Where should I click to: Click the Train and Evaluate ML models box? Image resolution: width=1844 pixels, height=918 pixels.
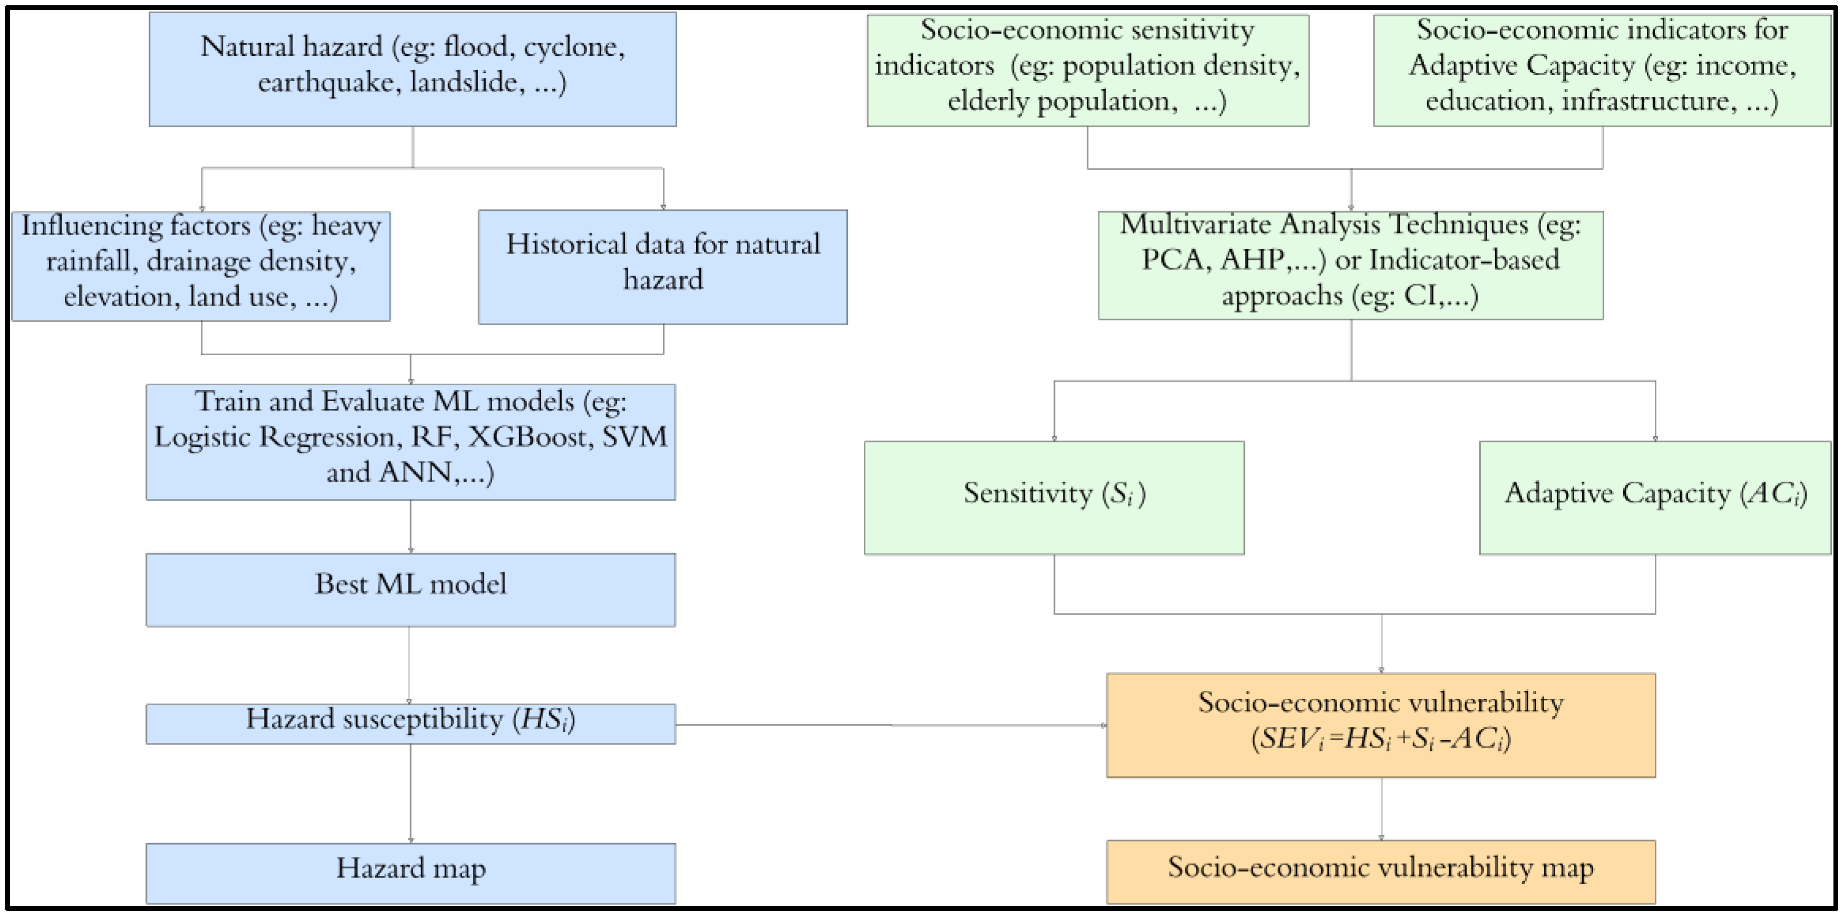pyautogui.click(x=410, y=442)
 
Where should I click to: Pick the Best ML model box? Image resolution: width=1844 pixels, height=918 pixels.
pyautogui.click(x=410, y=589)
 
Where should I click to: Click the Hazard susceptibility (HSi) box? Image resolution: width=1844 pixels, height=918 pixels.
pyautogui.click(x=410, y=723)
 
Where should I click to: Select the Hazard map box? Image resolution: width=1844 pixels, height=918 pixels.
pyautogui.click(x=410, y=873)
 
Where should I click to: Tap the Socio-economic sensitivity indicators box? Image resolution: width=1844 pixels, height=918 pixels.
pyautogui.click(x=1087, y=70)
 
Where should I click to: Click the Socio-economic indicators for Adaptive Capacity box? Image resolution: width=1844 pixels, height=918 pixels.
pyautogui.click(x=1602, y=70)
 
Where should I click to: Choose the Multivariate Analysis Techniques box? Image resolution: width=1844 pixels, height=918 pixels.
pyautogui.click(x=1350, y=265)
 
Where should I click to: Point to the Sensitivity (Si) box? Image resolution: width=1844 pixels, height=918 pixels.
pyautogui.click(x=1053, y=497)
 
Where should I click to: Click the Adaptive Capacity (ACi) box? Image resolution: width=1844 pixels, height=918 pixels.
pyautogui.click(x=1654, y=497)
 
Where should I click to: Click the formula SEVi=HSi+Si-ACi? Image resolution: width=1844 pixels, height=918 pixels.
pyautogui.click(x=1380, y=739)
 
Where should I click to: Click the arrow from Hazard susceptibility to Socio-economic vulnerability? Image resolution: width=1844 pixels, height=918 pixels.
pyautogui.click(x=891, y=725)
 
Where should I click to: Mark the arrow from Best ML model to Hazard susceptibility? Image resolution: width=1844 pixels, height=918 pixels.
pyautogui.click(x=409, y=665)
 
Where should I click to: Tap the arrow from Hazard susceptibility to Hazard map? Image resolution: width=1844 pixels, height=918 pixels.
pyautogui.click(x=410, y=793)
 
